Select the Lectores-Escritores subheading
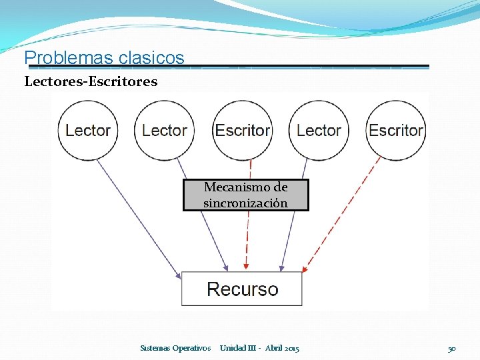91,82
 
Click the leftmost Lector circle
88,130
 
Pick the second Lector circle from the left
165,130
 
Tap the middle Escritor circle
242,130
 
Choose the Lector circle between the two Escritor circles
319,130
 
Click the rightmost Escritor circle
396,130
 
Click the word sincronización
245,203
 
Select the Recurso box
242,289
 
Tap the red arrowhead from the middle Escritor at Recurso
246,267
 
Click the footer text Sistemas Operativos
175,348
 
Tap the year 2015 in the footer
291,348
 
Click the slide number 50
451,348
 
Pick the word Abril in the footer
273,348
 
